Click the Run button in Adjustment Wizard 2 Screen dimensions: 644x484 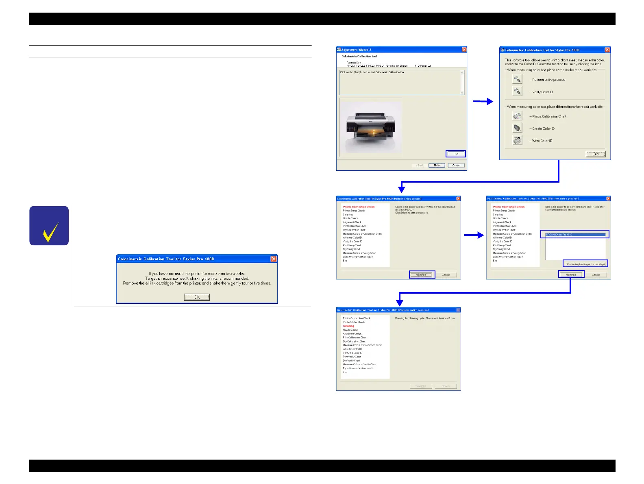(455, 154)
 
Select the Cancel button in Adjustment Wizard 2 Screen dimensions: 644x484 (456, 166)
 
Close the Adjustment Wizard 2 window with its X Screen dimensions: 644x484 (464, 50)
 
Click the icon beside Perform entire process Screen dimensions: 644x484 (517, 79)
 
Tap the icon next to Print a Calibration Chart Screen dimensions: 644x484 (517, 116)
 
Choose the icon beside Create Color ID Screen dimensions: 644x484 (517, 128)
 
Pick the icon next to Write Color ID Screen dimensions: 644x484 (517, 140)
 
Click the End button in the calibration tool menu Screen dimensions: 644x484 (595, 154)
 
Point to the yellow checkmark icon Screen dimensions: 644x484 (49, 226)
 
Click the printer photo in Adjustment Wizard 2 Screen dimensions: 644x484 (370, 127)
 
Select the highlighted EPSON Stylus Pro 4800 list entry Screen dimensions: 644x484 (575, 234)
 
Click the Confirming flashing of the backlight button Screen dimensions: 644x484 (585, 264)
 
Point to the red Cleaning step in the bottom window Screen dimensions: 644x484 (348, 326)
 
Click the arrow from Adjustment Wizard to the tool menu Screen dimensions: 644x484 (483, 102)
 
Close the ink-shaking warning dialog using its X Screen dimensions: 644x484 (274, 259)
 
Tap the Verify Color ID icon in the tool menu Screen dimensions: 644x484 (517, 92)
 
